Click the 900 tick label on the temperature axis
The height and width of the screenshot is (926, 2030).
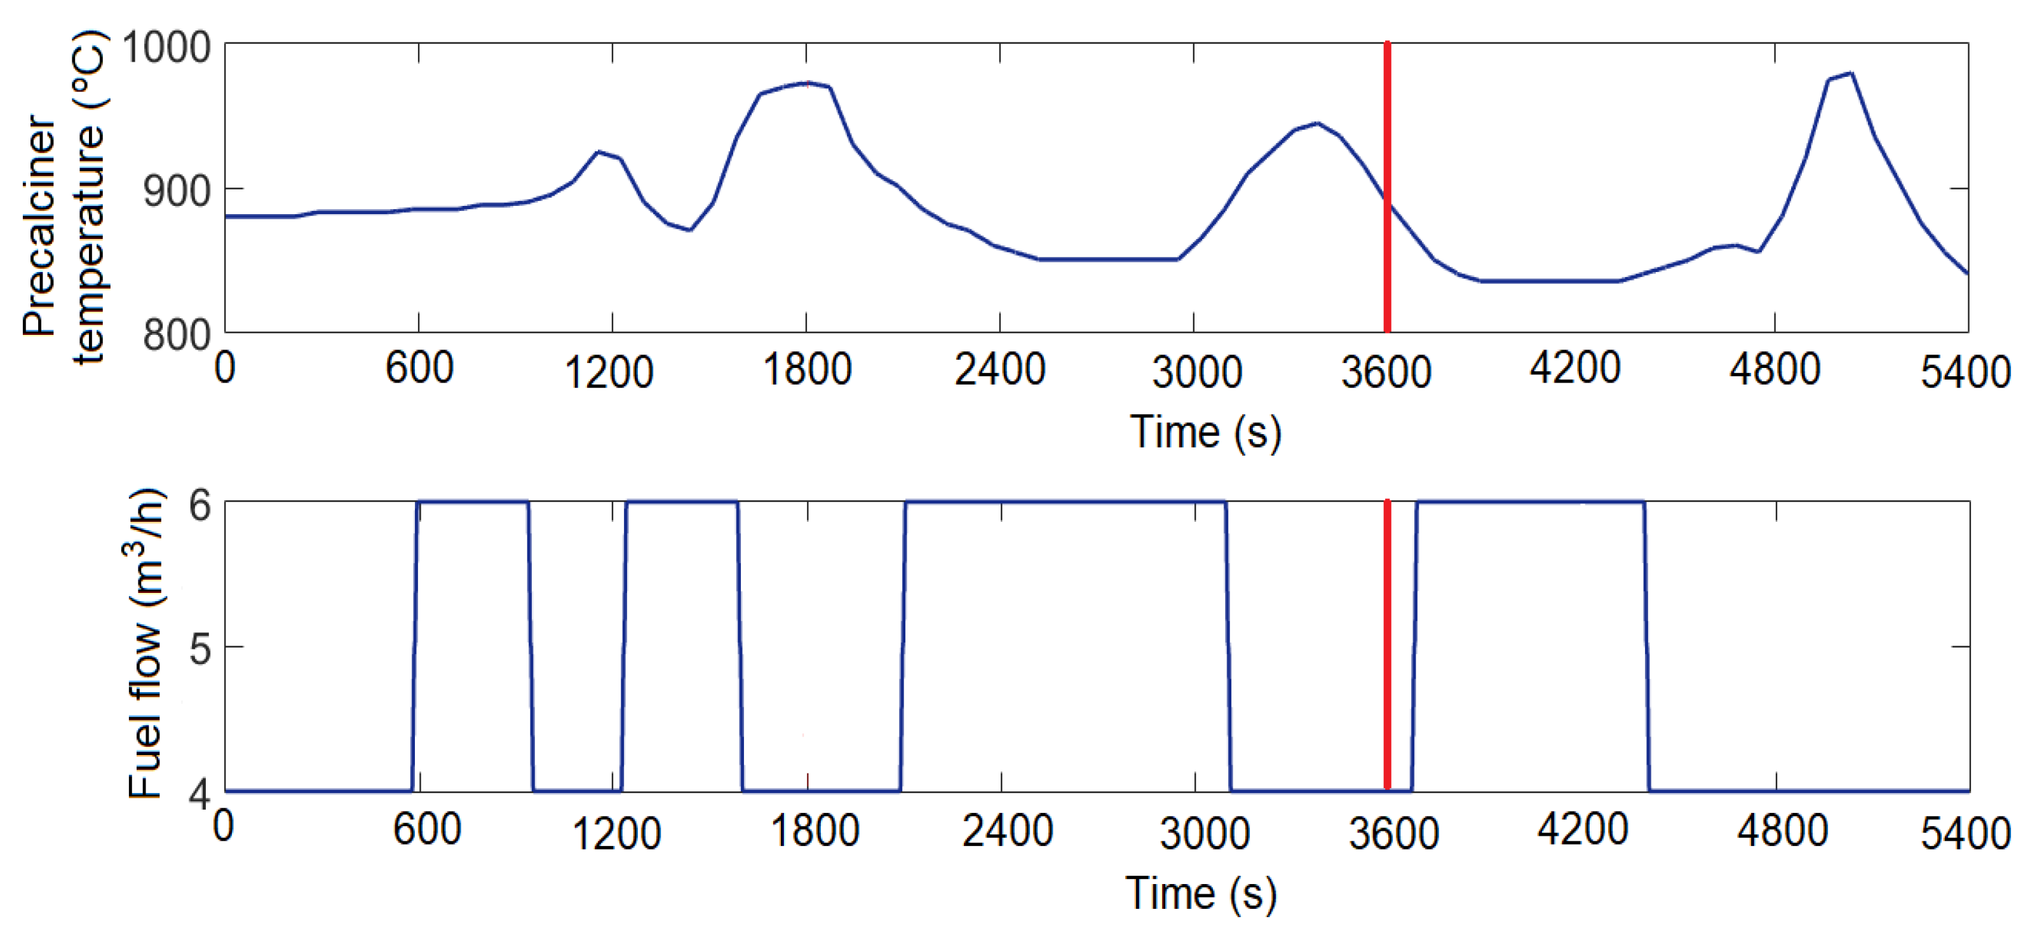(x=177, y=191)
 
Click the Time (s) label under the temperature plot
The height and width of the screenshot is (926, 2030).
(x=1206, y=432)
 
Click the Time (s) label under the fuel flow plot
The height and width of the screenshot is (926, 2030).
(x=1201, y=893)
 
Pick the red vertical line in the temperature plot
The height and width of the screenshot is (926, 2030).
(x=1387, y=189)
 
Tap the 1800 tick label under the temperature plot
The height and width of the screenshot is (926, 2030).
(x=808, y=369)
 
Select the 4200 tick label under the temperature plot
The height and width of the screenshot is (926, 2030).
(x=1575, y=367)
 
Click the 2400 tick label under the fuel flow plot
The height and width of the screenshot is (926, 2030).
(x=1007, y=831)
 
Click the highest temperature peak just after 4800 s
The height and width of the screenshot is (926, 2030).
(x=1850, y=73)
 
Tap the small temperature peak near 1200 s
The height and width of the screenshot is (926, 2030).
(x=599, y=151)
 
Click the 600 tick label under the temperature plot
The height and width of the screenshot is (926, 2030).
(x=419, y=367)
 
